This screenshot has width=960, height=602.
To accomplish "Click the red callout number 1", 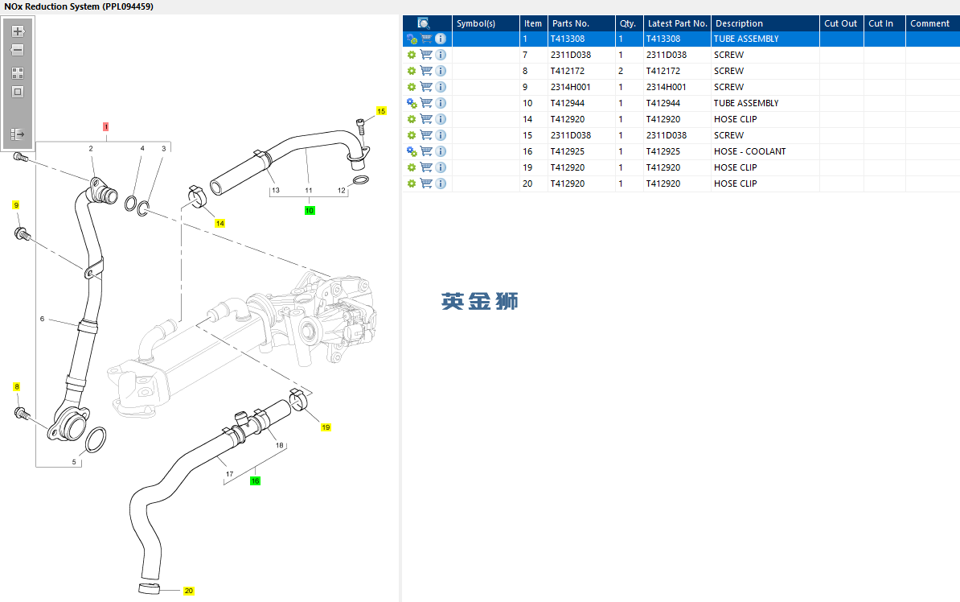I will point(105,127).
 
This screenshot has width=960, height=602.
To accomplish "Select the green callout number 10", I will point(310,211).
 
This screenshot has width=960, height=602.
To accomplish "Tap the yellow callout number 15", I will point(381,110).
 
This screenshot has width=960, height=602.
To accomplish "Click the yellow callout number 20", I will point(189,591).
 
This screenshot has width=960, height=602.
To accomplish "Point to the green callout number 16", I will point(255,481).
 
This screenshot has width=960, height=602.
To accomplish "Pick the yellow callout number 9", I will point(15,205).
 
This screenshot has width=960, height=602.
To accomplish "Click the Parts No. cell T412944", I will point(567,103).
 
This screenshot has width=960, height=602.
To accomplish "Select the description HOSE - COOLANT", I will point(749,151).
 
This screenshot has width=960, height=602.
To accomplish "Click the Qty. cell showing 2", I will point(621,71).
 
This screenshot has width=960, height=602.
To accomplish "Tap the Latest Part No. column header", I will point(677,23).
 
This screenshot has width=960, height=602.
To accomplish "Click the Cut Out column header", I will point(840,23).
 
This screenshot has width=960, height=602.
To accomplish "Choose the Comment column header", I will point(929,23).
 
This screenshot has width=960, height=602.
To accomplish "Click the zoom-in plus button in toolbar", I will point(18,31).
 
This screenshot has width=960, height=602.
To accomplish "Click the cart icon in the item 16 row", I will point(426,151).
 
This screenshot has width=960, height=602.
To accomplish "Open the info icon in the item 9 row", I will point(441,87).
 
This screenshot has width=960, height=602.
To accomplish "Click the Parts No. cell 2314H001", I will point(570,87).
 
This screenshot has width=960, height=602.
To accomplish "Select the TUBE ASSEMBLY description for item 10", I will point(745,103).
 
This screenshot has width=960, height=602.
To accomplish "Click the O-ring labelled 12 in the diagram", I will point(362,179).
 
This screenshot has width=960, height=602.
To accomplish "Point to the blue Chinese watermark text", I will point(479,301).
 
